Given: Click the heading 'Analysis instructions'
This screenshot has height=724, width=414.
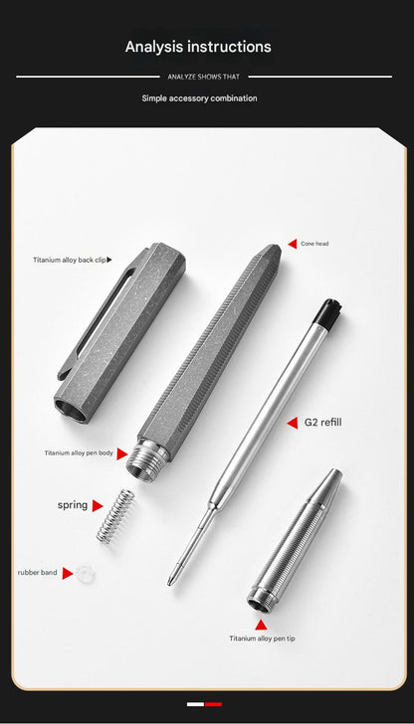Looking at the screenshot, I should (x=198, y=47).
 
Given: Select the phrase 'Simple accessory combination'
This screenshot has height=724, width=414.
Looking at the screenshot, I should (x=199, y=98).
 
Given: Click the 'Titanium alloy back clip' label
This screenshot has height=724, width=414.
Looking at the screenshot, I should (x=69, y=260).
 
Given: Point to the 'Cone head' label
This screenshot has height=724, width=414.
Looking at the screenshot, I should (x=314, y=243).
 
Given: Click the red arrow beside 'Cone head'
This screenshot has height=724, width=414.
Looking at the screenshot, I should (x=293, y=243).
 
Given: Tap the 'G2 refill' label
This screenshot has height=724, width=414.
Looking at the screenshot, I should (x=322, y=423).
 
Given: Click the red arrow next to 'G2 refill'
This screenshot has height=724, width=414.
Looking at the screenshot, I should (x=293, y=423).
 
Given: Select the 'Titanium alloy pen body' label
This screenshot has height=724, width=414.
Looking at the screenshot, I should (x=79, y=452).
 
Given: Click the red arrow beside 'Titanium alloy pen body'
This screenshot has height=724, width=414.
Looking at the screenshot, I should (x=122, y=453).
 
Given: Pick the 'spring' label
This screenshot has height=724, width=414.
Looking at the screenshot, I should (x=73, y=505).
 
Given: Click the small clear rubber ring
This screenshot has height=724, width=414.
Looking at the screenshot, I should (x=86, y=573).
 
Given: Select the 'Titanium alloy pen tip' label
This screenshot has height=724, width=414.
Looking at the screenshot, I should (x=262, y=638).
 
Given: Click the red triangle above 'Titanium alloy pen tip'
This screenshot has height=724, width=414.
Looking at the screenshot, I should (x=262, y=625).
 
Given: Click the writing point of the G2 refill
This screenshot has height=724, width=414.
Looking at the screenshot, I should (x=172, y=580).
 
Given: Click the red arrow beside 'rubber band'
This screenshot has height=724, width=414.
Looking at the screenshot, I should (x=68, y=573).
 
